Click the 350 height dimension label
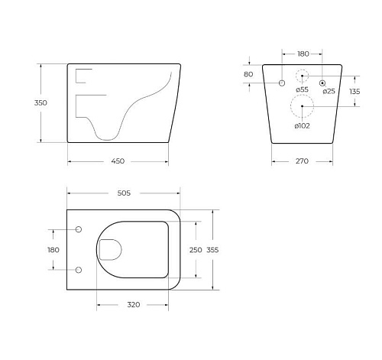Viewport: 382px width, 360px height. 40,102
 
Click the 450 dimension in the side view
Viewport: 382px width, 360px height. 118,161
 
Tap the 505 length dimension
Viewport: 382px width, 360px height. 124,193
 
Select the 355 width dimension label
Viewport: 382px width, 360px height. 212,250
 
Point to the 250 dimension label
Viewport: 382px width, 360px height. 196,250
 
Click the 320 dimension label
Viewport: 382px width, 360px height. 134,304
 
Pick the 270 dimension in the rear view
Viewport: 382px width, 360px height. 302,161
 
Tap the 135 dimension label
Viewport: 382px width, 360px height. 354,91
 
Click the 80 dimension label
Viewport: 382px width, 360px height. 248,74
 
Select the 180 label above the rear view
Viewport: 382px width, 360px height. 303,54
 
